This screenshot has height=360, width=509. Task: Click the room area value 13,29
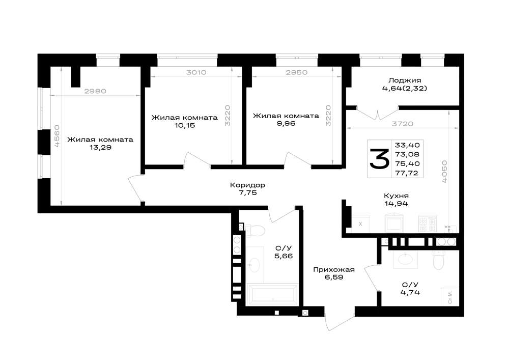tap(100, 147)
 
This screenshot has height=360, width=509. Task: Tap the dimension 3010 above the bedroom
tap(196, 72)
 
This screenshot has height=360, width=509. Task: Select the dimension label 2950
tap(296, 72)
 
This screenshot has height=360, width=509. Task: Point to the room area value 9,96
tap(286, 123)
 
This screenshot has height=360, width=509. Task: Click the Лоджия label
tap(405, 80)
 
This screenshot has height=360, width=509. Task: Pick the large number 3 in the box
tap(379, 159)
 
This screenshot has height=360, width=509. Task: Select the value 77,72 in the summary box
tap(407, 173)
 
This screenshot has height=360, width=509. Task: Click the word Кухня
tap(396, 196)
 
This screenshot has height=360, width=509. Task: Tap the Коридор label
tap(247, 185)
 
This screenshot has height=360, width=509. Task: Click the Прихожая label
tap(334, 269)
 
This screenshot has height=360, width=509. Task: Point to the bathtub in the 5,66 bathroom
tap(272, 295)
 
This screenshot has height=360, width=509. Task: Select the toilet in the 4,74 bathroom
tap(438, 260)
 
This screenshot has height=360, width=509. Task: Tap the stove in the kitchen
tap(427, 224)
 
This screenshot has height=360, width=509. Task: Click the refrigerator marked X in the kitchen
tap(360, 224)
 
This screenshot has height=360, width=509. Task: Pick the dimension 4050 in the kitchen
tap(444, 171)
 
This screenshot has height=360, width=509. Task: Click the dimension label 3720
tap(403, 124)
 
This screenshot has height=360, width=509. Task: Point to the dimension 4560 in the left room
tap(57, 136)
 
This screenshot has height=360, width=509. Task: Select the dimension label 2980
tap(95, 91)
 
